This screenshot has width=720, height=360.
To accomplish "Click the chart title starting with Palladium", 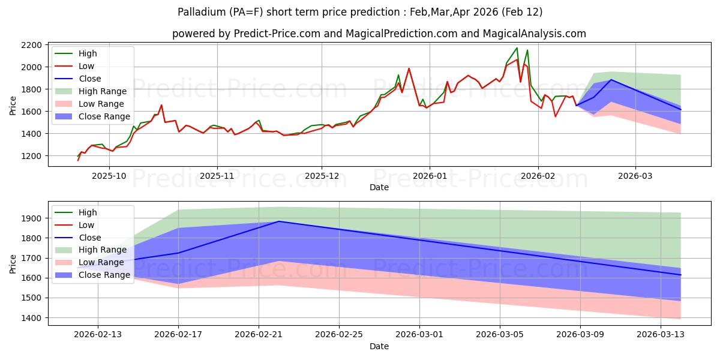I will (x=360, y=12).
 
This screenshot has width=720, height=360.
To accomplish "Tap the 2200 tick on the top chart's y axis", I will (x=32, y=45).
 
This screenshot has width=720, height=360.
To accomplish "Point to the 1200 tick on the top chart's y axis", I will (x=32, y=156).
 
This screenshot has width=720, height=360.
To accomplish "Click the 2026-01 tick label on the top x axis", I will (x=429, y=176).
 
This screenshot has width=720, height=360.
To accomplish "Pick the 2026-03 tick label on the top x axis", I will (x=635, y=176).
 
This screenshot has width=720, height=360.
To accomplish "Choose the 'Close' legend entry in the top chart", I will (x=90, y=79).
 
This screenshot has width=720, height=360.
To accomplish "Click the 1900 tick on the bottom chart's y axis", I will (x=32, y=218).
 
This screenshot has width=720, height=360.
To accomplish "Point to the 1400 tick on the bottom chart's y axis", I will (x=32, y=318).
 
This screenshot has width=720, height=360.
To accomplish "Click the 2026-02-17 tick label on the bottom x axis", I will (x=178, y=335).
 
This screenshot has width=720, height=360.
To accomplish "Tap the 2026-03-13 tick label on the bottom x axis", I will (x=661, y=335).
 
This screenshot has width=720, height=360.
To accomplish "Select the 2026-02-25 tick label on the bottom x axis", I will (x=339, y=335).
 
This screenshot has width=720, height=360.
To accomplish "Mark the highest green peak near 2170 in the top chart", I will (x=517, y=48).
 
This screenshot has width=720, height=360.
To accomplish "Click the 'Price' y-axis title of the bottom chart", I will (x=13, y=263).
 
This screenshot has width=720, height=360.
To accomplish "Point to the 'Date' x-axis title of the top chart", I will (x=379, y=188).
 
